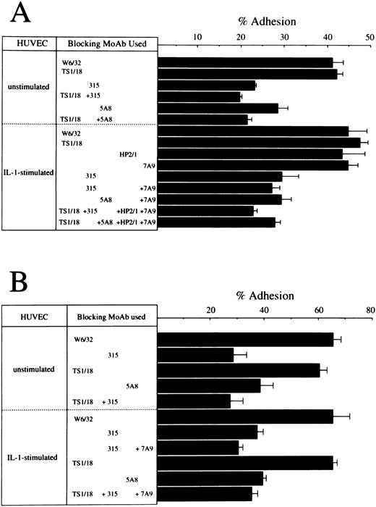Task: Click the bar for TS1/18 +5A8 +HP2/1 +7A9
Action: (x=216, y=222)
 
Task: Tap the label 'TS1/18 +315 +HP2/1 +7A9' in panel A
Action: (x=108, y=211)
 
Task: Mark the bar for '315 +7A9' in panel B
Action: (x=198, y=448)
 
